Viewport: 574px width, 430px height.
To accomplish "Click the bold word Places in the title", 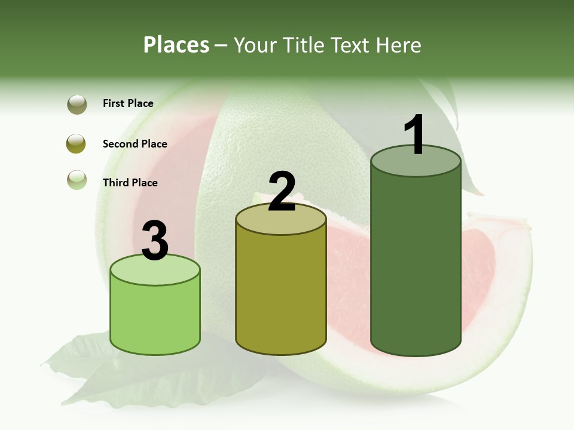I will [176, 45].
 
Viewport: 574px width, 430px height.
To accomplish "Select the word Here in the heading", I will [400, 45].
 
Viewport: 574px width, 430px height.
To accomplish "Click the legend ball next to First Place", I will [77, 104].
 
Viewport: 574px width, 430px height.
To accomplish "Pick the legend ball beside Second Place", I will [77, 144].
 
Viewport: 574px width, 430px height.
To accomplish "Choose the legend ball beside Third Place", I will [77, 180].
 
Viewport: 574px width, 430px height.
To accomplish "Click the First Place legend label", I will [128, 103].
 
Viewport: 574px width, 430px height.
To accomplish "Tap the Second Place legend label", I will [135, 144].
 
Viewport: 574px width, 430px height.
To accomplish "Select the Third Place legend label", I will [130, 183].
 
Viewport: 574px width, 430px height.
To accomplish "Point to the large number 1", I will [415, 135].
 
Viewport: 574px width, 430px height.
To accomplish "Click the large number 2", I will [282, 192].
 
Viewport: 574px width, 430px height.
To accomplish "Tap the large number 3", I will [155, 241].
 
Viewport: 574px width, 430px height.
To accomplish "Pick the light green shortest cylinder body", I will [155, 317].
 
